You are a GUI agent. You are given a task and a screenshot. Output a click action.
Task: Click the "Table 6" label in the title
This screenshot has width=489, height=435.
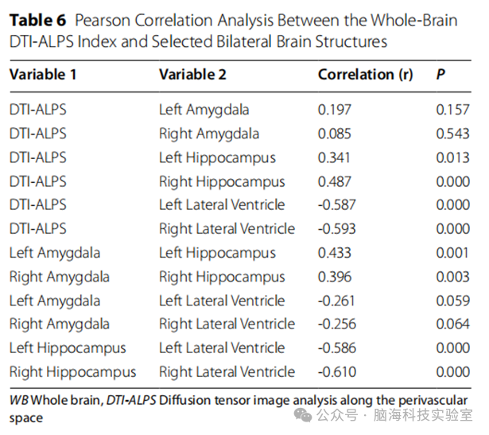pos(37,21)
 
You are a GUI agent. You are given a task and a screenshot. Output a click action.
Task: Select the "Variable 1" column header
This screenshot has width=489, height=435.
pos(43,75)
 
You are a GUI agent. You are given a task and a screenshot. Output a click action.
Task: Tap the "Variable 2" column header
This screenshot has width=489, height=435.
pos(192,75)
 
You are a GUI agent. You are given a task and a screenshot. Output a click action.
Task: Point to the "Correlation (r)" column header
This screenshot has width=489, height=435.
pos(366,75)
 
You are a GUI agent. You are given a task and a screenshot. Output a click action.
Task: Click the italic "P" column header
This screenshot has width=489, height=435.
pos(440,75)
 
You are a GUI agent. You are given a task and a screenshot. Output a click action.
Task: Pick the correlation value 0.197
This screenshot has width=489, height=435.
pos(334,110)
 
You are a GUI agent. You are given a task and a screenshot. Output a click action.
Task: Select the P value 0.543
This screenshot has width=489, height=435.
pos(452,134)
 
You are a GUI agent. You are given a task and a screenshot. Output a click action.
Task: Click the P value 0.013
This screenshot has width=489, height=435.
pos(452,157)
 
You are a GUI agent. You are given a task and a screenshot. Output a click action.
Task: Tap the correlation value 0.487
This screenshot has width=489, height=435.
pos(334,182)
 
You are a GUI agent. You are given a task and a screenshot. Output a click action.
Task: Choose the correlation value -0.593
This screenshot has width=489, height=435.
pos(336,229)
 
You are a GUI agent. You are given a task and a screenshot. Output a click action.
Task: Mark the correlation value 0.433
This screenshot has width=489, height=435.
pos(334,253)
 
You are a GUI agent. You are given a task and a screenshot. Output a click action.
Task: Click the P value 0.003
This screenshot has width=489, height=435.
pos(452,277)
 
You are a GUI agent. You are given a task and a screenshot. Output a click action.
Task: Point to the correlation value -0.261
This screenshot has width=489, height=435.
pos(336,301)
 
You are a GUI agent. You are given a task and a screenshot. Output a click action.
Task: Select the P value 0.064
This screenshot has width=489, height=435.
pos(452,324)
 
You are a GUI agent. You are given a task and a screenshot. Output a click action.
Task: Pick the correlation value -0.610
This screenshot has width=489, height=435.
pos(337,372)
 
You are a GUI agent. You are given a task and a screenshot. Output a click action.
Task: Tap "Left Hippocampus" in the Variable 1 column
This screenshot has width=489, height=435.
pos(68,348)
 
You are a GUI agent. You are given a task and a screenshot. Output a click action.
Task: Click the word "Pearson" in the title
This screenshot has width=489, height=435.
pos(103,21)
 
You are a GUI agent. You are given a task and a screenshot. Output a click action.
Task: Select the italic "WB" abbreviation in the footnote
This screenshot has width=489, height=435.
pos(19,400)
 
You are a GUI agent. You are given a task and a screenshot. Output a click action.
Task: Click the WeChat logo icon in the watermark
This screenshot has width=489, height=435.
pos(303,415)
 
